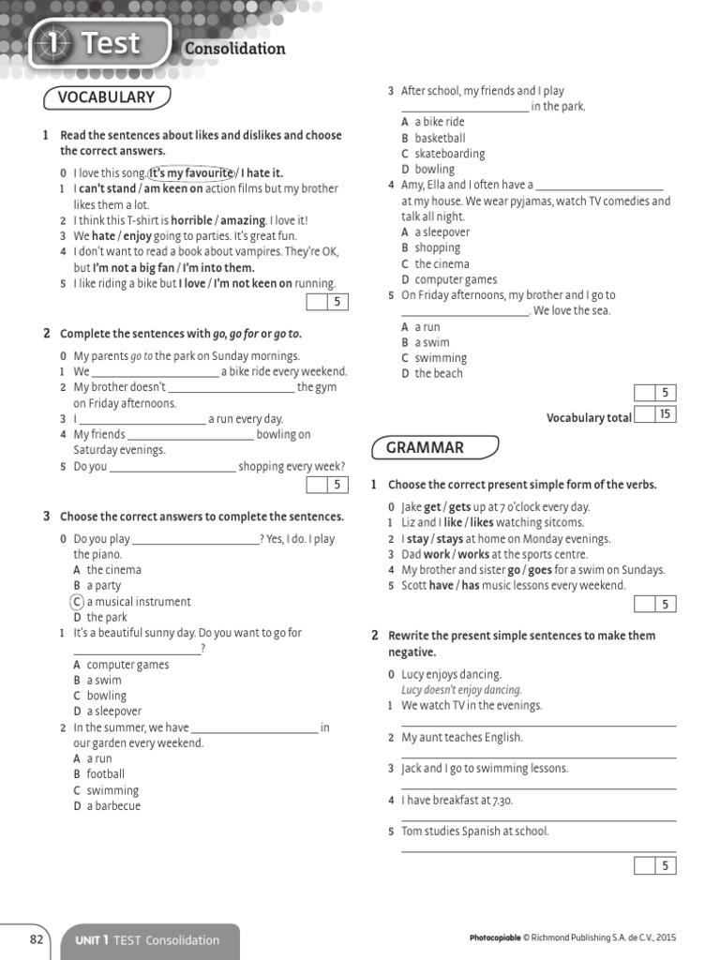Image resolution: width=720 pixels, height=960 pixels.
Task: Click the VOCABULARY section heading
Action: pyautogui.click(x=105, y=97)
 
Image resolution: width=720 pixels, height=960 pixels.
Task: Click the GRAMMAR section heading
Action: pyautogui.click(x=424, y=448)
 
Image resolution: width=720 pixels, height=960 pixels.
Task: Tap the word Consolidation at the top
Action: pyautogui.click(x=234, y=49)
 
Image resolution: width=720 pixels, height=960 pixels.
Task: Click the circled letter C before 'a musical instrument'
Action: pyautogui.click(x=78, y=602)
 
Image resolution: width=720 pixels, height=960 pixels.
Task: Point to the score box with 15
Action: pyautogui.click(x=665, y=413)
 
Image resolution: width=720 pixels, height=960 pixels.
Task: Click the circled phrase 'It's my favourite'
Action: pyautogui.click(x=191, y=172)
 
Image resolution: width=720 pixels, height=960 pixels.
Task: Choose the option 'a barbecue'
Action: pyautogui.click(x=113, y=806)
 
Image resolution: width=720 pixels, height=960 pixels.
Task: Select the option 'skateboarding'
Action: pyautogui.click(x=450, y=154)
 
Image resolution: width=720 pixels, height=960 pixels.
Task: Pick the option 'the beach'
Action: pyautogui.click(x=439, y=373)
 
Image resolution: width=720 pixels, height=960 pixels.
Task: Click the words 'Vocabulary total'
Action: pyautogui.click(x=589, y=418)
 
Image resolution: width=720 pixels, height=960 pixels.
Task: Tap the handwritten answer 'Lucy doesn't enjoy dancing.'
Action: pyautogui.click(x=461, y=690)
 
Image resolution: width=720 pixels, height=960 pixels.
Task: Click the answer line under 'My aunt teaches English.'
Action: pyautogui.click(x=538, y=757)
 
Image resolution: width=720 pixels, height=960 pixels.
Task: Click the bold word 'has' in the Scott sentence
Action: pyautogui.click(x=471, y=586)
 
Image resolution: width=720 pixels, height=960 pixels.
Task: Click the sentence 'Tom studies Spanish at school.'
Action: pyautogui.click(x=475, y=832)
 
